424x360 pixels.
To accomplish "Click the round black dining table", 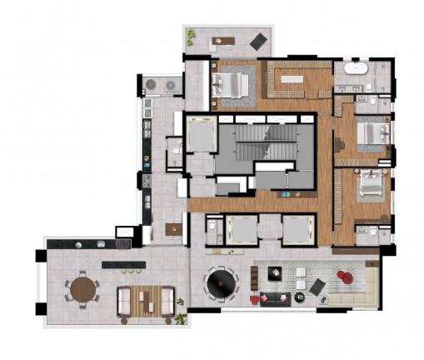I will [222, 284].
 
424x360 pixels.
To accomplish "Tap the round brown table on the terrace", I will [83, 290].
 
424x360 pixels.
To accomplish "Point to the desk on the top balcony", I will [222, 39].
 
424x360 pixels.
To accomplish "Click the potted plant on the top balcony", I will [192, 35].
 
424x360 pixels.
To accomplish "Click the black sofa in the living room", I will [275, 298].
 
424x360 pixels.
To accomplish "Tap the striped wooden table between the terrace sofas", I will [148, 299].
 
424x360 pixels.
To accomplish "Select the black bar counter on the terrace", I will [124, 264].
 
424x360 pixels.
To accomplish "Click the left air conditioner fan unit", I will [153, 85].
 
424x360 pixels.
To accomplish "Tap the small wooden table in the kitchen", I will [173, 228].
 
